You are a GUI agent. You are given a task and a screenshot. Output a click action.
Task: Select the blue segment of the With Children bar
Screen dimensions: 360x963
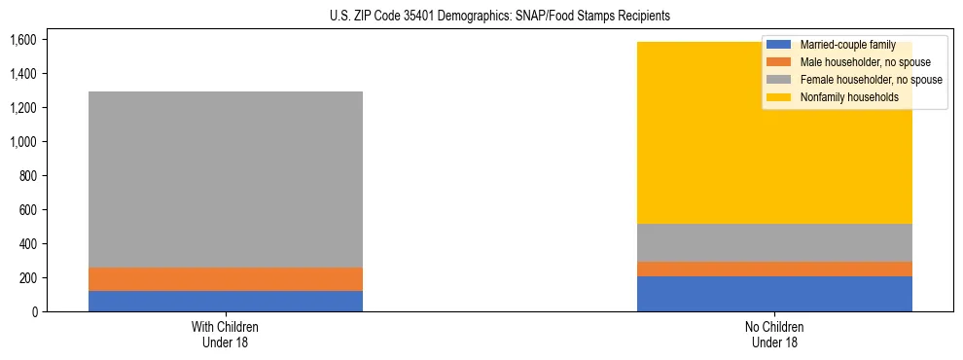[226, 301]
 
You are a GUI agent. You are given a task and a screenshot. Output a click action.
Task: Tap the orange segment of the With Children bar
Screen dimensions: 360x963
[226, 279]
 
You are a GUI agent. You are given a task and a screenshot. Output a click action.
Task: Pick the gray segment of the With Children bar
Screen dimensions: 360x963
[226, 179]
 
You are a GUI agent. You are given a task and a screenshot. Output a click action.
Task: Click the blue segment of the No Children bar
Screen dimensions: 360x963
[774, 294]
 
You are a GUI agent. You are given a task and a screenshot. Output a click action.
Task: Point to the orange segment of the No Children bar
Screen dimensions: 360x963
[774, 269]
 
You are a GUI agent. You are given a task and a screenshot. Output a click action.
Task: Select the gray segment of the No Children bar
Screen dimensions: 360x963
[774, 242]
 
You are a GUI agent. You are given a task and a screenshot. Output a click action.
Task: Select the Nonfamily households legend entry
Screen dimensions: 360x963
[842, 97]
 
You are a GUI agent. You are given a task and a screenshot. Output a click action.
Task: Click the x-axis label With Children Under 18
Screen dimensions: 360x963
[226, 334]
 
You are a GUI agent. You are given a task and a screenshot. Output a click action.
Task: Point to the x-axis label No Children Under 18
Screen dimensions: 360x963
[774, 334]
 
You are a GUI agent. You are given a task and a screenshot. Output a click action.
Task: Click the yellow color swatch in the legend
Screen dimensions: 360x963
[779, 97]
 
